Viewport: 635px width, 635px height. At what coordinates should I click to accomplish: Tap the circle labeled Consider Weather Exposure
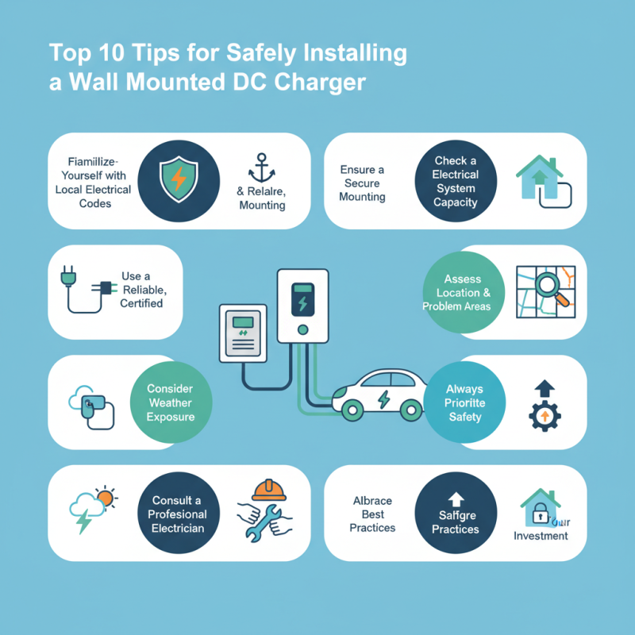pyautogui.click(x=170, y=402)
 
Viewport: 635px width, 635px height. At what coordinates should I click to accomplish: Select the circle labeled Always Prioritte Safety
pyautogui.click(x=464, y=402)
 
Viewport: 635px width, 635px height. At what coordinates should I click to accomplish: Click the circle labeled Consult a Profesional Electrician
pyautogui.click(x=177, y=514)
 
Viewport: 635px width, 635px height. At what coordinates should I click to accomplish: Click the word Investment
pyautogui.click(x=541, y=536)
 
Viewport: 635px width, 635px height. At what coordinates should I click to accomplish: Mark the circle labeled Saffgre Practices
pyautogui.click(x=456, y=514)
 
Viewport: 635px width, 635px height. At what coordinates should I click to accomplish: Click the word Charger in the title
pyautogui.click(x=325, y=83)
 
